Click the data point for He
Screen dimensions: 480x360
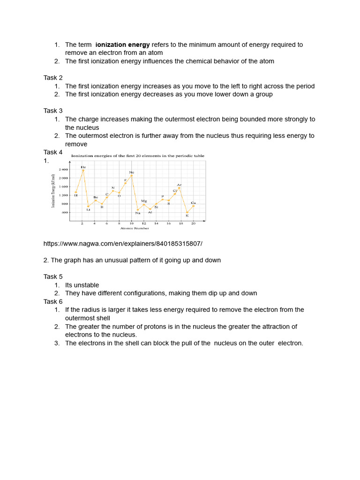83,171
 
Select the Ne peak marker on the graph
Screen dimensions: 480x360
132,176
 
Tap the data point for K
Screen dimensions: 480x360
187,212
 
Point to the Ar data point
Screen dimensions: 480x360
179,188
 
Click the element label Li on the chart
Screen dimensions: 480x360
88,210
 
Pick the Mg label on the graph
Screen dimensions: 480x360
144,201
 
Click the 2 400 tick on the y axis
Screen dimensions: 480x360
63,169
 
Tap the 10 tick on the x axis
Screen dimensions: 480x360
132,224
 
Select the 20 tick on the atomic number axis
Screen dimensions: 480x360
193,224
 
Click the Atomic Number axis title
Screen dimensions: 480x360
135,228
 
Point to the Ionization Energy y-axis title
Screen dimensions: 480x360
53,191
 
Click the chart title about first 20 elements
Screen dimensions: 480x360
137,156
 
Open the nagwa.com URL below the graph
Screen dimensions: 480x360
123,244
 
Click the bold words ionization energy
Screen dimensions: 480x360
123,45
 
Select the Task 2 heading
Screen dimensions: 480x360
53,78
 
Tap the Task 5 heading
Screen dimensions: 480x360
53,277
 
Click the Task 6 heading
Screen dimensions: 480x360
53,301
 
